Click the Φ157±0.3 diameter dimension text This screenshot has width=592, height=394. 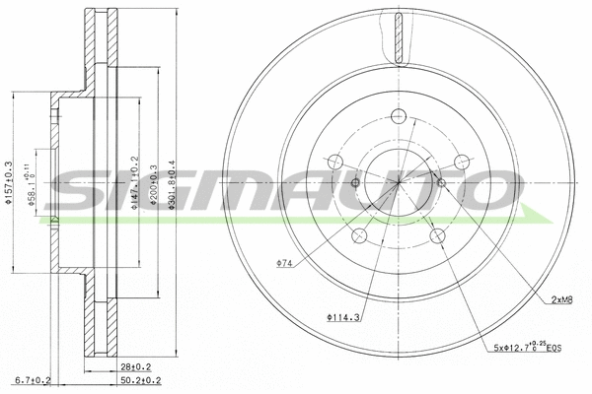point(10,182)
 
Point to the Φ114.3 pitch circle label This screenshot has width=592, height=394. point(342,316)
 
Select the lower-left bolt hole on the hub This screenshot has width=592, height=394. point(359,235)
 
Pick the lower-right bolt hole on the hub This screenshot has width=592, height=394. point(437,236)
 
